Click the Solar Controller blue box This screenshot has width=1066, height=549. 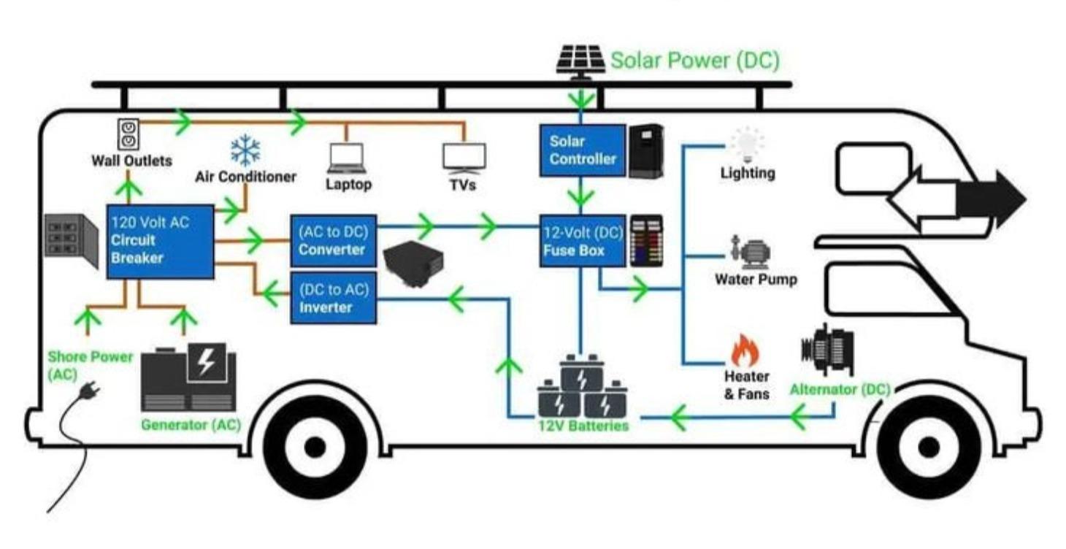(x=582, y=150)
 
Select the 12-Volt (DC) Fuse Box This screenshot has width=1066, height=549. (x=582, y=241)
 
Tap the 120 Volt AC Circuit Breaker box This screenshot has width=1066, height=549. (x=160, y=241)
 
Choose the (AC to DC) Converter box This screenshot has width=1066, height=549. (x=333, y=241)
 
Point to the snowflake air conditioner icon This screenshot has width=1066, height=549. (x=245, y=151)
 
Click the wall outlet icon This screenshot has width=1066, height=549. (x=129, y=134)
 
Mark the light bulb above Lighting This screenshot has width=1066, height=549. (x=747, y=145)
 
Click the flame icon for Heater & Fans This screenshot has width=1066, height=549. (x=745, y=351)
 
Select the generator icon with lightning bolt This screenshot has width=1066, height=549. (x=188, y=379)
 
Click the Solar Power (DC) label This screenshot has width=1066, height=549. (x=694, y=61)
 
